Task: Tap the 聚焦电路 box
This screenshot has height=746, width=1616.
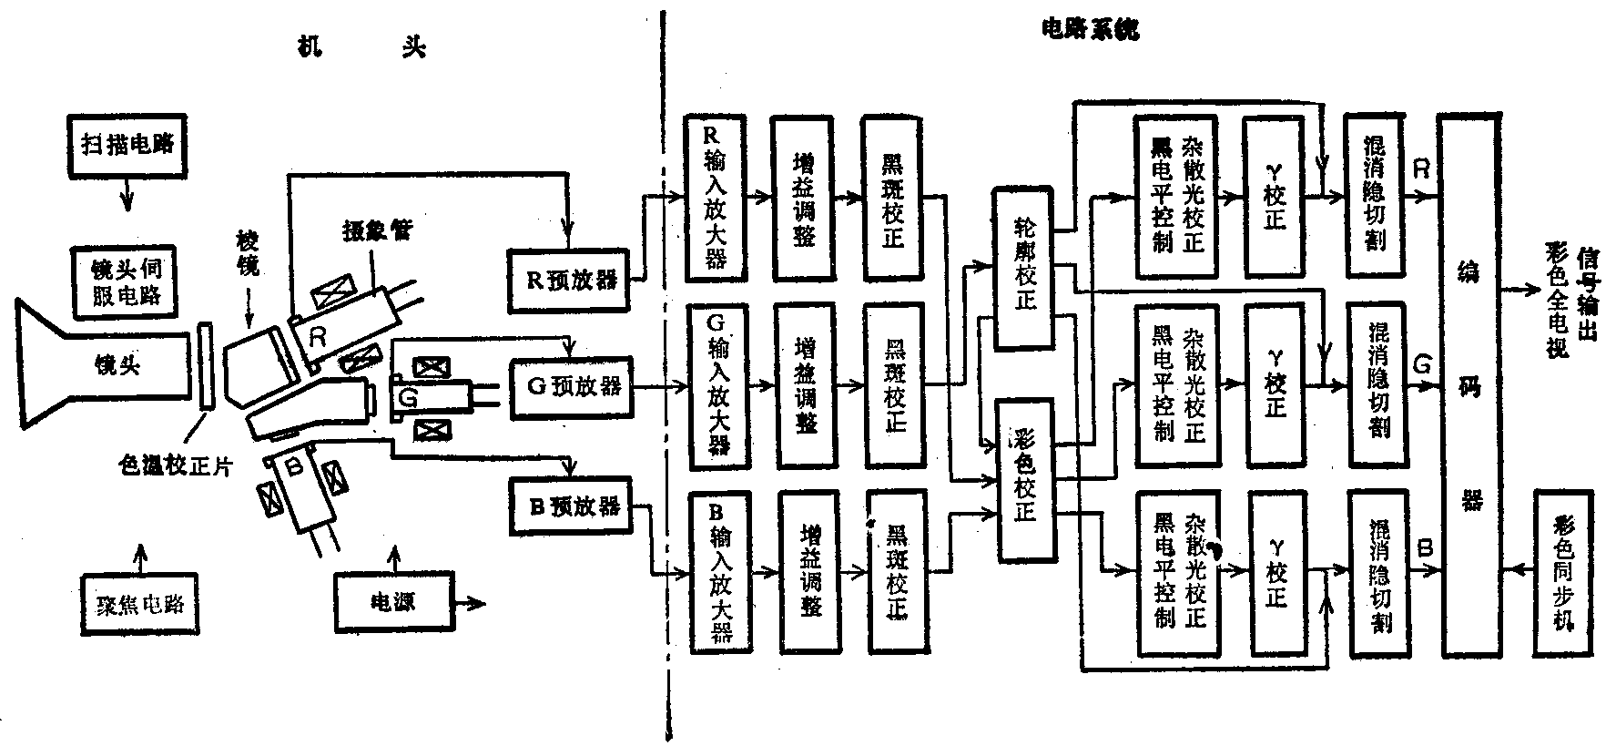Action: coord(138,604)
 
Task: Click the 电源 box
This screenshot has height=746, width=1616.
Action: coord(393,601)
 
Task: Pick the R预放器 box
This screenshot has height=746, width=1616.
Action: coord(570,280)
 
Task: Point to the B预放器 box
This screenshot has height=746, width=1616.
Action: coord(573,506)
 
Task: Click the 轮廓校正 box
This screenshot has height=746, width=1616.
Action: coord(1026,270)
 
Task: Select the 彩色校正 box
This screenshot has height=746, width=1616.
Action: coord(1027,480)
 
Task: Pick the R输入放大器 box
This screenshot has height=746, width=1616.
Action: coord(716,198)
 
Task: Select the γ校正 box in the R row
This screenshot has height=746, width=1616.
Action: coord(1274,198)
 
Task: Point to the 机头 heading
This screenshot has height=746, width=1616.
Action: coord(362,48)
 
